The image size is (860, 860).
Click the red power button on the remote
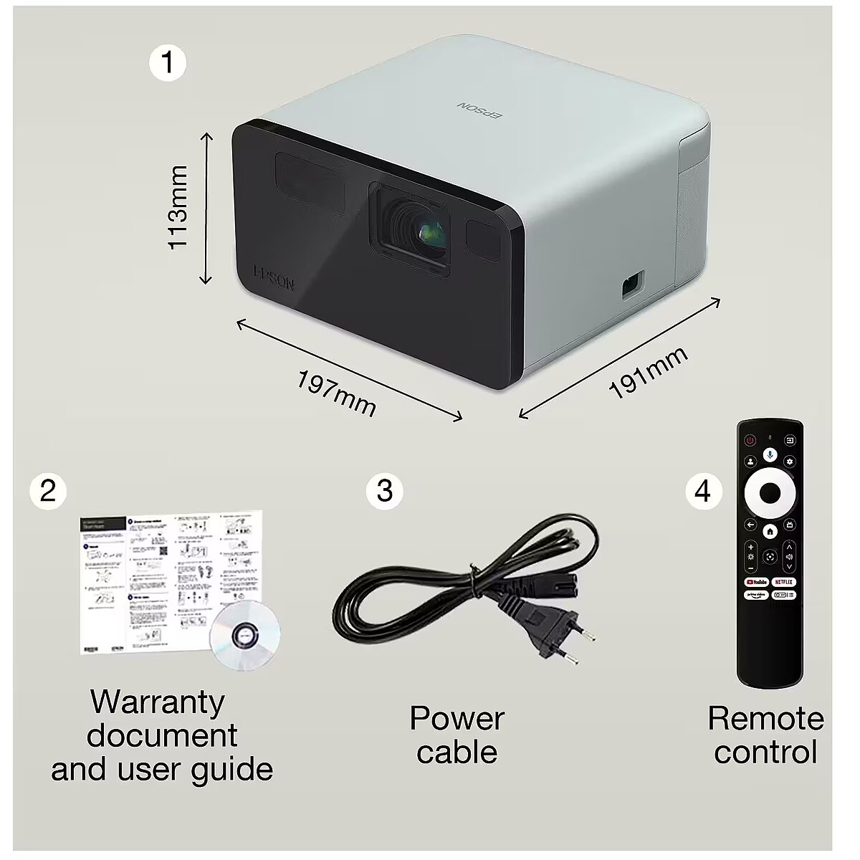pos(750,440)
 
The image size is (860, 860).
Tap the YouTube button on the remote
pos(757,582)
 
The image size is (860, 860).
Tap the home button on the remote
pos(770,531)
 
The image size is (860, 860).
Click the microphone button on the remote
pos(770,454)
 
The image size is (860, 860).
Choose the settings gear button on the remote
pos(790,462)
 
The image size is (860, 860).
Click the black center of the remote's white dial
pos(770,492)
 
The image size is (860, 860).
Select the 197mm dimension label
pos(335,393)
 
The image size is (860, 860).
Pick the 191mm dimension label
pos(648,372)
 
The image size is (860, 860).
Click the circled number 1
pos(167,63)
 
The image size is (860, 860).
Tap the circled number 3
pos(384,491)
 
